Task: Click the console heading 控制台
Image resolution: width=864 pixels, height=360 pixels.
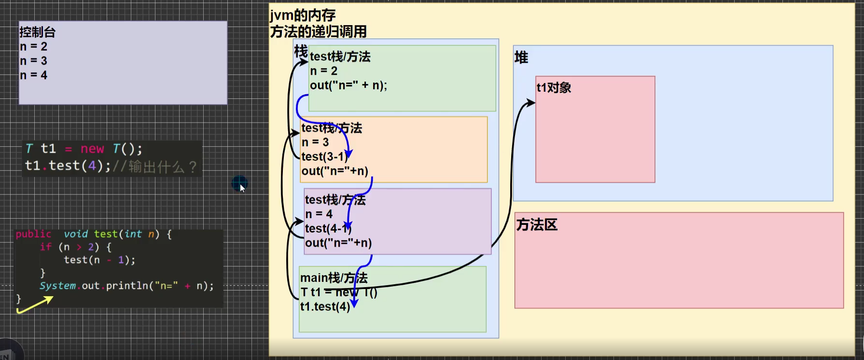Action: tap(38, 32)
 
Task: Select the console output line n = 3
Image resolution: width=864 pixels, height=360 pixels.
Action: tap(33, 61)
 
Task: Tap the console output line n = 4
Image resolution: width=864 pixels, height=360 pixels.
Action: tap(33, 75)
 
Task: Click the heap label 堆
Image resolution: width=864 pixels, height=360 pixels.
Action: tap(521, 57)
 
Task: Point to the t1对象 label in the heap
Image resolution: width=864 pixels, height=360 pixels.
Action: tap(554, 87)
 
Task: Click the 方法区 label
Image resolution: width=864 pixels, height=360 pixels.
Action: tap(537, 224)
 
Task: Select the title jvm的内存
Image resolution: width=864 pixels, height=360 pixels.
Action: tap(303, 15)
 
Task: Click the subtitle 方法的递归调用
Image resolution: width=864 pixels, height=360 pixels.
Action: tap(318, 32)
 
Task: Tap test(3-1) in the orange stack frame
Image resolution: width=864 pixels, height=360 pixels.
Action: tap(324, 157)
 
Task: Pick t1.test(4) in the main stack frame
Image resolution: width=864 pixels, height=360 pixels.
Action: tap(325, 306)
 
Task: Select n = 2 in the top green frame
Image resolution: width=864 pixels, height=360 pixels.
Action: tap(323, 71)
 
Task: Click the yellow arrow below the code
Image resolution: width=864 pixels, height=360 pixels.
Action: tap(35, 305)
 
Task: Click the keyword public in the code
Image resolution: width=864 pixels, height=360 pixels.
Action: tap(33, 234)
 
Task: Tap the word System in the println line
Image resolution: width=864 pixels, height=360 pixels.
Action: tap(57, 286)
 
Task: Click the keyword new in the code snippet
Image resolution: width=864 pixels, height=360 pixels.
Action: tap(92, 149)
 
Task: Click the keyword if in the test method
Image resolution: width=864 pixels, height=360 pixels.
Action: tap(45, 247)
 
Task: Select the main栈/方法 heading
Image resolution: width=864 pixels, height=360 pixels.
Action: tap(334, 278)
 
